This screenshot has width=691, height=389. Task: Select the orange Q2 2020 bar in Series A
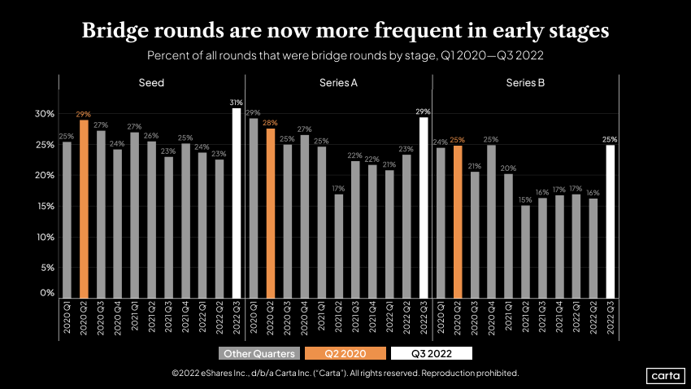271,212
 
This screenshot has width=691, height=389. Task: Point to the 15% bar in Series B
526,251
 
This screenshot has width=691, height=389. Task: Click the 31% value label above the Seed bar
237,102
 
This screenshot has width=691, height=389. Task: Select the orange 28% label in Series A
271,122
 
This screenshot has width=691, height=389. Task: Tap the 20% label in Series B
509,168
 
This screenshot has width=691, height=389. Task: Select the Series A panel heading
337,83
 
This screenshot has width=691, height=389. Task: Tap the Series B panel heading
525,83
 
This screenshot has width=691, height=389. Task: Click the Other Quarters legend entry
259,354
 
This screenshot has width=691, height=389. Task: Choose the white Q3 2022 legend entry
432,354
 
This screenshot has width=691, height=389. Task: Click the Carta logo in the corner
665,375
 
